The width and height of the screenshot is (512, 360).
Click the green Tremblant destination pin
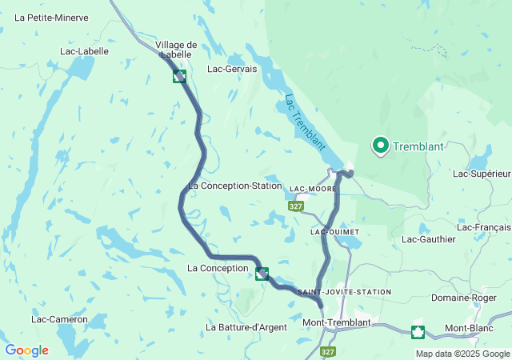pos(379,145)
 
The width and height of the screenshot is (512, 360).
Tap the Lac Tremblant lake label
pos(305,122)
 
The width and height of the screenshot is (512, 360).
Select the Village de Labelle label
pos(176,50)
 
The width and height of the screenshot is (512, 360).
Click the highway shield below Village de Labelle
pos(180,77)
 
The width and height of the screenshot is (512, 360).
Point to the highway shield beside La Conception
pos(262,274)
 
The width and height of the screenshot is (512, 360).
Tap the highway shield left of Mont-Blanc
pos(417,331)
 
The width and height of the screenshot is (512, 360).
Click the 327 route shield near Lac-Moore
pos(296,206)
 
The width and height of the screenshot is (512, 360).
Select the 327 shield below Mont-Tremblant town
pos(327,351)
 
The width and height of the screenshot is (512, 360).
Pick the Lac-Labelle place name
pos(84,51)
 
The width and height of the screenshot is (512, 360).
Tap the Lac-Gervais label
pos(232,69)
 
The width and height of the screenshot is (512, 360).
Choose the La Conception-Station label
pos(234,186)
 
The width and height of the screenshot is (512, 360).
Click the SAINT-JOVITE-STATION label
pos(344,292)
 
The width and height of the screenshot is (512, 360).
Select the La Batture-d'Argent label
pos(246,327)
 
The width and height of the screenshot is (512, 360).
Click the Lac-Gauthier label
pos(428,239)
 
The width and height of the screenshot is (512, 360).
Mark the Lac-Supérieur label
pos(481,174)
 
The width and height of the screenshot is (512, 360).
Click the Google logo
pos(26,350)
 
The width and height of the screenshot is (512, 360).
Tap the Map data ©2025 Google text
pos(462,354)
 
